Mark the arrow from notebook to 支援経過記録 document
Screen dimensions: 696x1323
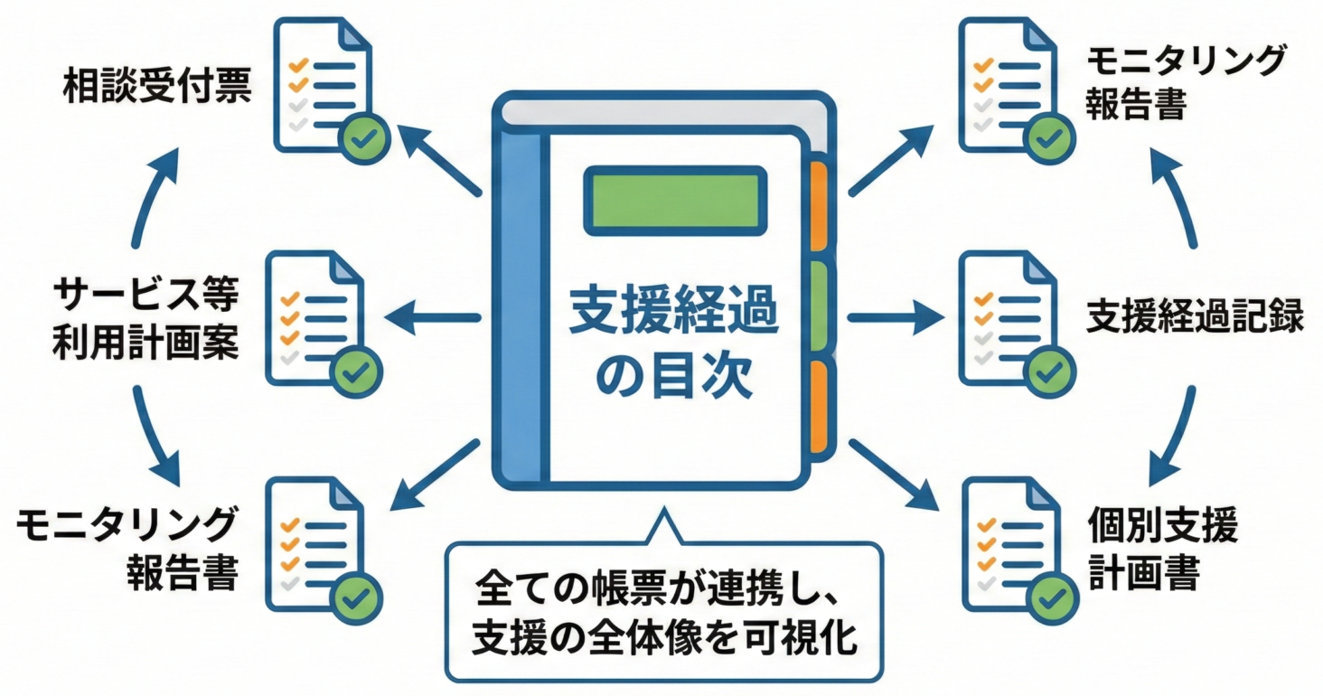(895, 317)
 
